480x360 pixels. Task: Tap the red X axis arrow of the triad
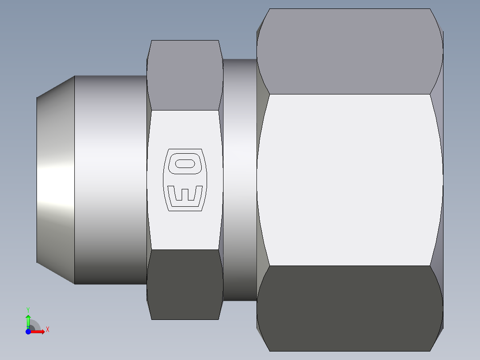(x=40, y=331)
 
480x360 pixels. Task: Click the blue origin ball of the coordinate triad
(x=28, y=331)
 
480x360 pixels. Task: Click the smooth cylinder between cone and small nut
(x=110, y=178)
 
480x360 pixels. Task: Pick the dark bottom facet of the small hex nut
(x=185, y=284)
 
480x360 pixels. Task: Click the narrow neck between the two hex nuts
(x=240, y=178)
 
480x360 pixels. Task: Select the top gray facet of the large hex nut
(x=350, y=51)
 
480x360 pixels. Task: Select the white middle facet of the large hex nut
(x=350, y=178)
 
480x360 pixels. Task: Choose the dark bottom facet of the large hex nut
(x=350, y=307)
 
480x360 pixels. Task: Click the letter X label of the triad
(x=48, y=330)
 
